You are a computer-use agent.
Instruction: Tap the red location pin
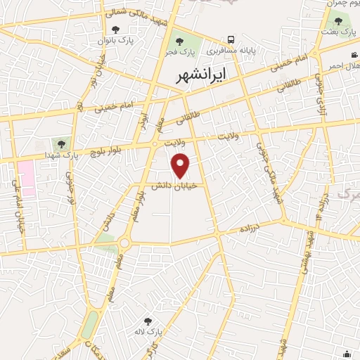tap(181, 166)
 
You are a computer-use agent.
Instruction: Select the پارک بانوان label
tap(117, 41)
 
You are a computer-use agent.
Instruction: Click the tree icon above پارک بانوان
tap(117, 30)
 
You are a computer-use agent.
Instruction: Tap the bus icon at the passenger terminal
tap(231, 40)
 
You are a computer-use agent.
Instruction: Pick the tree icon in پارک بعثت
tap(338, 20)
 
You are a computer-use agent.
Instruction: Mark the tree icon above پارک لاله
tap(147, 321)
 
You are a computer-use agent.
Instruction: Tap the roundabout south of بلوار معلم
tap(124, 243)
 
